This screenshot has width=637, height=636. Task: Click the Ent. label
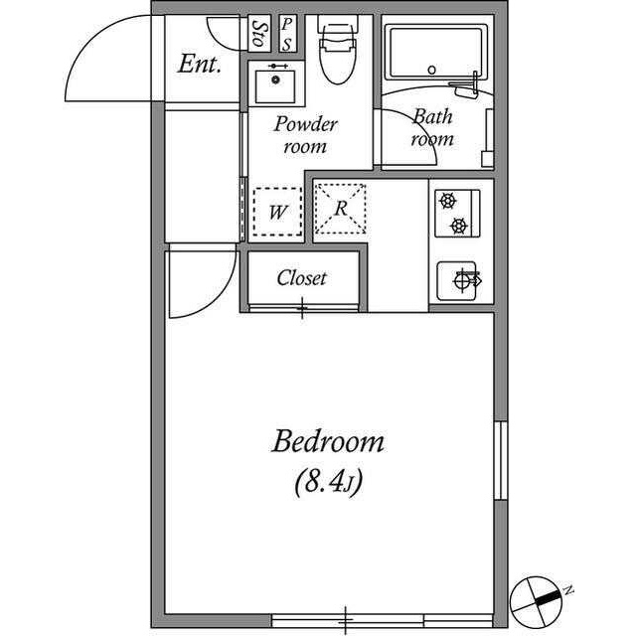[200, 64]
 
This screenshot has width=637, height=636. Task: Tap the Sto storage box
[259, 34]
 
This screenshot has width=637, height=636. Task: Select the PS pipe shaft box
[287, 34]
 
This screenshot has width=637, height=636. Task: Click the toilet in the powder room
[337, 50]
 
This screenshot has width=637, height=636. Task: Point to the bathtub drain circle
[432, 70]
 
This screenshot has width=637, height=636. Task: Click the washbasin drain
[276, 79]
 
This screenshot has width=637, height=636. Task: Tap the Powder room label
[305, 134]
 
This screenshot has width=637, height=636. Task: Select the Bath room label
[432, 127]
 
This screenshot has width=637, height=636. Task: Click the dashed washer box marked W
[277, 212]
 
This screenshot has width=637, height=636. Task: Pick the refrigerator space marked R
[341, 209]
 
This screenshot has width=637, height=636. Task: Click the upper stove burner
[447, 201]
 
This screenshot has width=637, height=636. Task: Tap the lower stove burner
[459, 225]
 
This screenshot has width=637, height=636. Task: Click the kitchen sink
[456, 280]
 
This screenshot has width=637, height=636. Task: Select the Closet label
[301, 278]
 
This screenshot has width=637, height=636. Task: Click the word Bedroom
[328, 442]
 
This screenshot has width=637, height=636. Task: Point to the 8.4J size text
[328, 483]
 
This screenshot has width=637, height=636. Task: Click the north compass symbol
[537, 601]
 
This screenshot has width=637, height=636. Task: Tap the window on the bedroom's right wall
[501, 460]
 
